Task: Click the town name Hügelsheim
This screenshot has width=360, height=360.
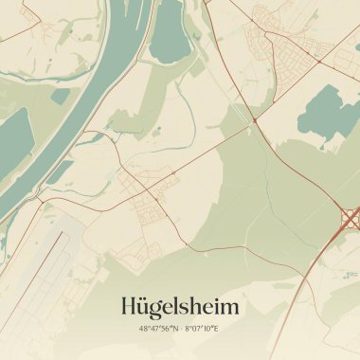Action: pos(180,306)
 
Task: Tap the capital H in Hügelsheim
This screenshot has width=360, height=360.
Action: pos(130,306)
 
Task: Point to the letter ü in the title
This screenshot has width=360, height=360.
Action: pos(145,307)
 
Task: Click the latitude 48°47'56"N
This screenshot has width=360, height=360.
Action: pos(159,329)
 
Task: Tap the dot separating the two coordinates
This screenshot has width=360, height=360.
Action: pos(181,329)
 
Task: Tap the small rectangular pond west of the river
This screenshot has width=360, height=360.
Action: pos(62,96)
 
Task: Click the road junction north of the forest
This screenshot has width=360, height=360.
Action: pos(255,121)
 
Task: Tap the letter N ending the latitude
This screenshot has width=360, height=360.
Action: pos(176,329)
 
